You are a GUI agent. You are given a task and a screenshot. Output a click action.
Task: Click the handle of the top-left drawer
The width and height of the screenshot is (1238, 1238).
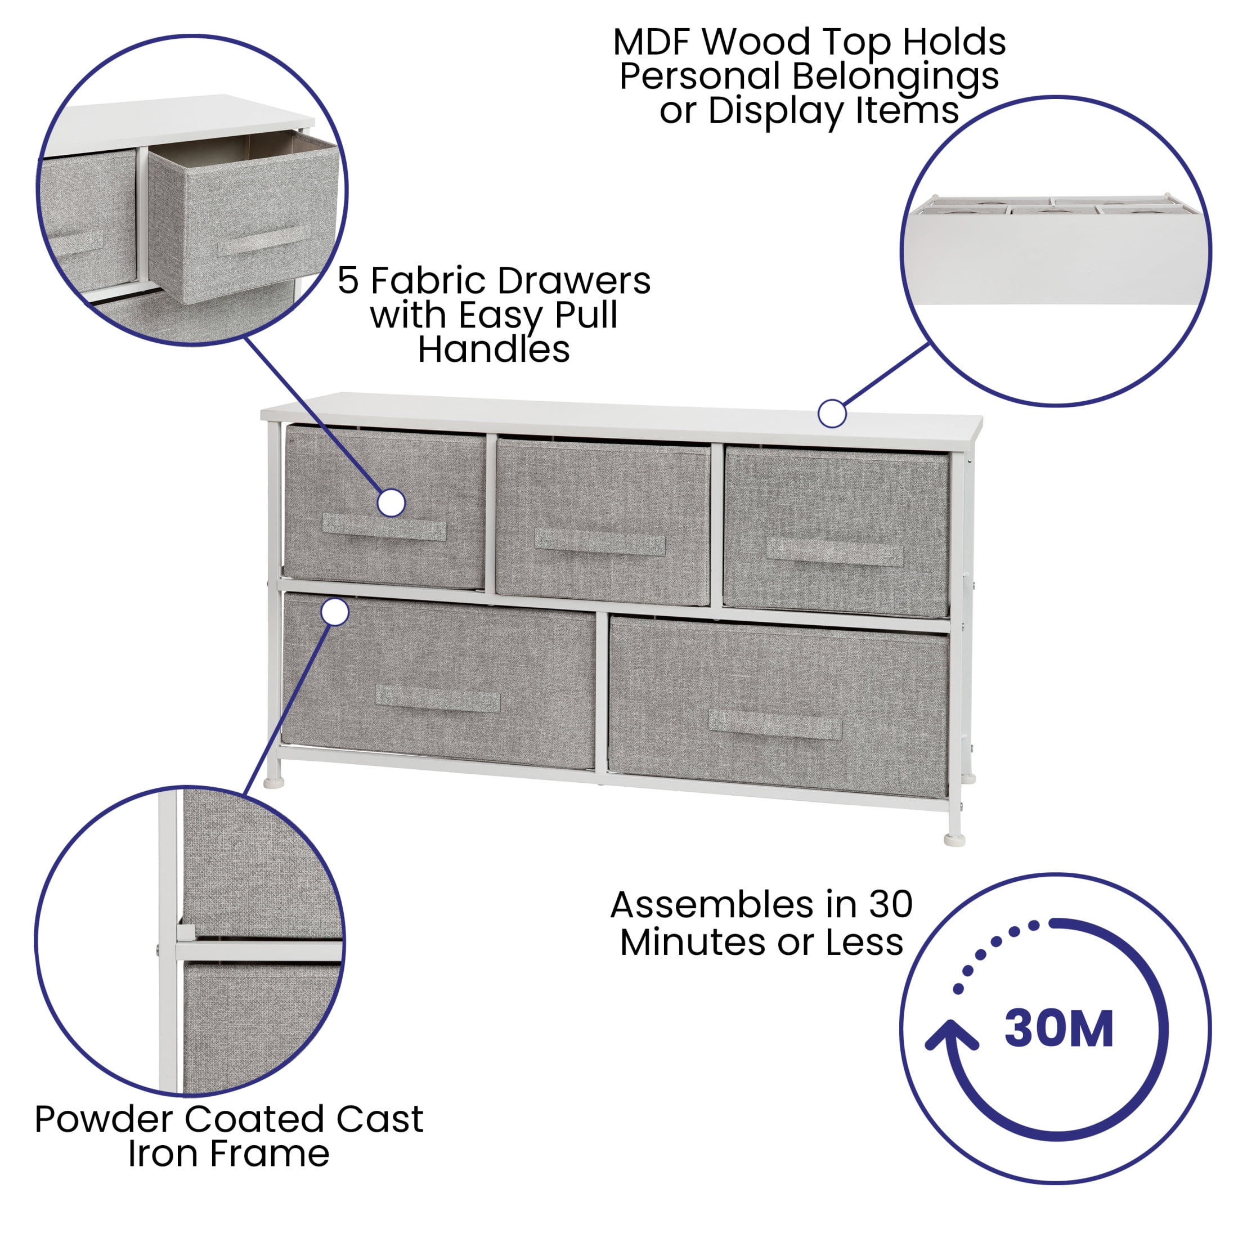pos(384,527)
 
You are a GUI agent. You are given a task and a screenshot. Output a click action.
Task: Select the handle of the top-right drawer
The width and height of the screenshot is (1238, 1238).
pos(835,551)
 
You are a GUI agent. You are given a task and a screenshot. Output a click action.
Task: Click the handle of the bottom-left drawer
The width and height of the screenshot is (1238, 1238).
pos(437,698)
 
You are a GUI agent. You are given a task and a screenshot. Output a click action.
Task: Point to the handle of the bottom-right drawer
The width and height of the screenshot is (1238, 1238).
pos(775,724)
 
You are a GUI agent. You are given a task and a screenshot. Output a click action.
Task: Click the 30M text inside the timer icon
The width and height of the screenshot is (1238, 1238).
pos(1058,1030)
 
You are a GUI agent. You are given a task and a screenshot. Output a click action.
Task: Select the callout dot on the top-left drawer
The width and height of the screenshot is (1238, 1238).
pos(391,503)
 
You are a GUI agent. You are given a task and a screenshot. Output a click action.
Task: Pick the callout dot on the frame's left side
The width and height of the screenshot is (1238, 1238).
pos(334,612)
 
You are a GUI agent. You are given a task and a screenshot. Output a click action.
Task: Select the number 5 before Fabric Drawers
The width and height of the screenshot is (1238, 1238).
pos(348,281)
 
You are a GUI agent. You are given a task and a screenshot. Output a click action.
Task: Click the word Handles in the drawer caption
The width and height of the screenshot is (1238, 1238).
pos(494,350)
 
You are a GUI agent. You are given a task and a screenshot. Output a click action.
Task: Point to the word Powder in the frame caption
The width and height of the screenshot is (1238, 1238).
pos(105,1119)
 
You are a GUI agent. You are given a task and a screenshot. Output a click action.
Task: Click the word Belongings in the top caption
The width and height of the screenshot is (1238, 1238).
pos(896,77)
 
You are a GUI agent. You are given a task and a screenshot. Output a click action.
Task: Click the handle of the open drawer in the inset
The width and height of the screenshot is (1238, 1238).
pos(264,240)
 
